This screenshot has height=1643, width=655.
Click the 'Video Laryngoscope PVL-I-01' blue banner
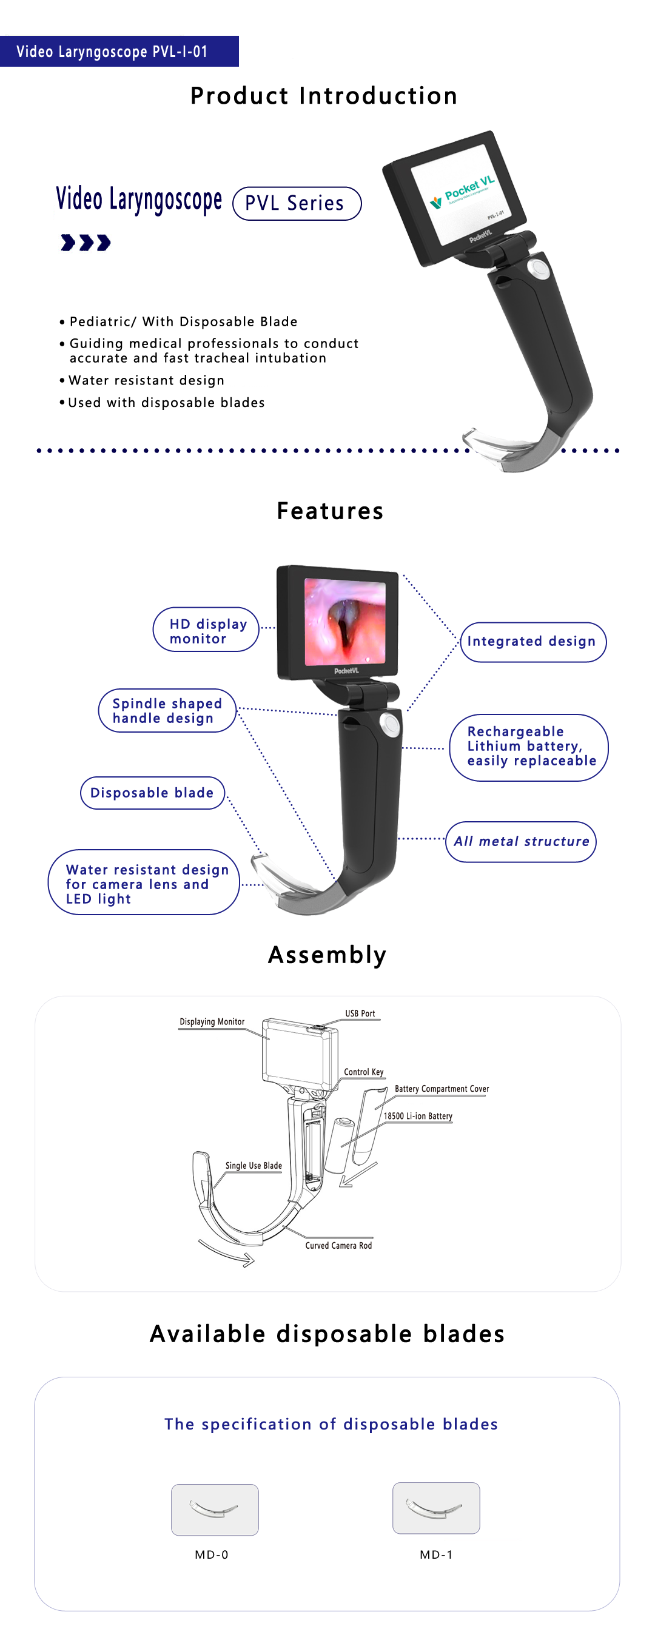[x=119, y=51]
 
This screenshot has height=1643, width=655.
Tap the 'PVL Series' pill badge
[x=297, y=203]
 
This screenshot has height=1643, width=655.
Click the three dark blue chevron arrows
[x=86, y=243]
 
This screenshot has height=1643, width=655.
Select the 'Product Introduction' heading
[x=324, y=96]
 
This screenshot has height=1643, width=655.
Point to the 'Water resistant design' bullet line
[x=143, y=380]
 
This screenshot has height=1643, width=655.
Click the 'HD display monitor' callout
[x=206, y=630]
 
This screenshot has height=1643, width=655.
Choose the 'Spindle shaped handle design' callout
[x=167, y=711]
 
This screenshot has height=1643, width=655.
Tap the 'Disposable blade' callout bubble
[x=152, y=793]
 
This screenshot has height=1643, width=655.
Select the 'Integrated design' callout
[x=533, y=642]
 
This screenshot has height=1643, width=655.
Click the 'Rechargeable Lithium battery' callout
[x=529, y=748]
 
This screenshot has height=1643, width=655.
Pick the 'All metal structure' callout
[x=521, y=842]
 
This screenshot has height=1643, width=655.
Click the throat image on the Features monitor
[x=345, y=621]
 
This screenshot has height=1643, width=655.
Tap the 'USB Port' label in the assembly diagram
[x=360, y=1013]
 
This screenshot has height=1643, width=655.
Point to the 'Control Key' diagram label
[x=364, y=1072]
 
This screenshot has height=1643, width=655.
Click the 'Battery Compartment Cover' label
[x=442, y=1089]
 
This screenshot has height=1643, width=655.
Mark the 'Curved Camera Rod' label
[x=338, y=1245]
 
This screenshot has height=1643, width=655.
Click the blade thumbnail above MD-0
[x=215, y=1509]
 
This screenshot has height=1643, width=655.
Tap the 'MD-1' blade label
[x=436, y=1554]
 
